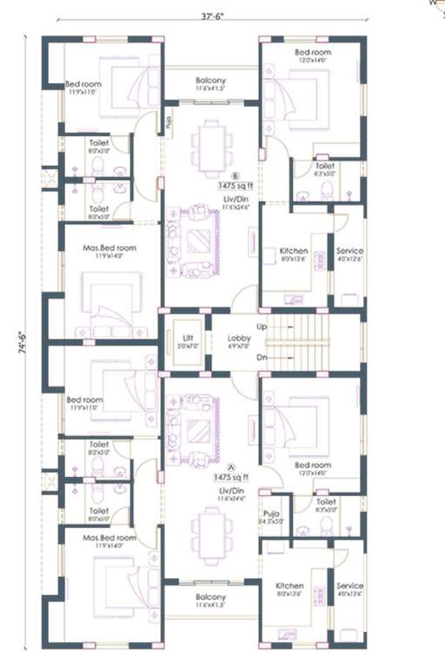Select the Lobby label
coord(238,338)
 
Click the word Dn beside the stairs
coord(261,357)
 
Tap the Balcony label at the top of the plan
coord(210,80)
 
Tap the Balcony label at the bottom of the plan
coord(210,597)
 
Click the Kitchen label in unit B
coord(293,251)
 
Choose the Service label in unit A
coord(350,585)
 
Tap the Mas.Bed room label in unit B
coord(109,247)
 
